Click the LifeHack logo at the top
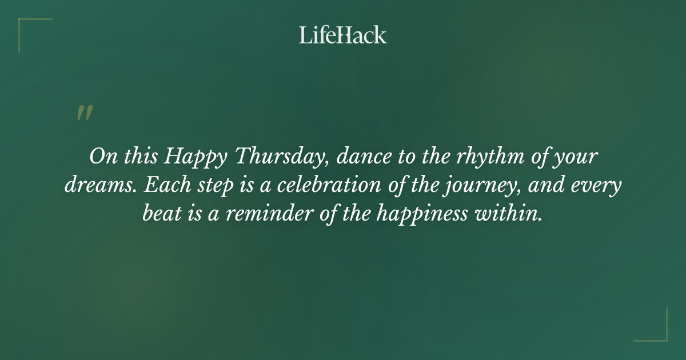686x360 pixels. click(x=343, y=35)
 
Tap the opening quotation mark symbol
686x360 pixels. click(x=84, y=113)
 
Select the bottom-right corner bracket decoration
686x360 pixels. click(x=657, y=332)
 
